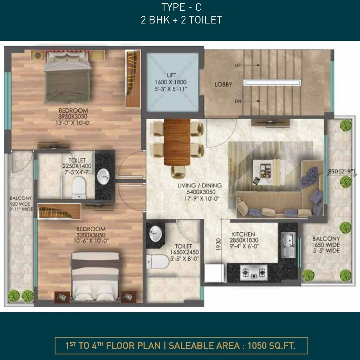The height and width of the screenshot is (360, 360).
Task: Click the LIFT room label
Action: (x=171, y=75)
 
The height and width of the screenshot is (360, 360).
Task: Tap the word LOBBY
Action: (x=223, y=85)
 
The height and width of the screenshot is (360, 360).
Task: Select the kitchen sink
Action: (x=288, y=245)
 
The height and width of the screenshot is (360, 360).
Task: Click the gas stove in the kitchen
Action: (x=254, y=272)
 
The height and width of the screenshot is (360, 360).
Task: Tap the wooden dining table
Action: (x=177, y=142)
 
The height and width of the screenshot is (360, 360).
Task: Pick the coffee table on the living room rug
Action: (x=269, y=171)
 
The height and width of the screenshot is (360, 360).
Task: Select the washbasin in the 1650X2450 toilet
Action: (x=156, y=233)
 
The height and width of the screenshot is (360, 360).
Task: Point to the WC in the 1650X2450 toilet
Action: (x=158, y=261)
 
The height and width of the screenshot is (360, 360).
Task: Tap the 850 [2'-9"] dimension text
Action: (x=341, y=171)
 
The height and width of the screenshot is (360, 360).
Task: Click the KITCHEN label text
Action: (x=243, y=234)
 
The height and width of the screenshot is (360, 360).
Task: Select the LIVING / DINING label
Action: (x=200, y=185)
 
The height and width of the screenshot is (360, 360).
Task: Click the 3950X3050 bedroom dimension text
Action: (x=73, y=116)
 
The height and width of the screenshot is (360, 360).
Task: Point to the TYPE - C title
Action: (x=181, y=7)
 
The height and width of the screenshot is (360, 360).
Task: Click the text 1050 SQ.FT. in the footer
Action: (x=271, y=346)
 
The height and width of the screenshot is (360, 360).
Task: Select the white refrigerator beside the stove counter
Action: (x=214, y=273)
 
